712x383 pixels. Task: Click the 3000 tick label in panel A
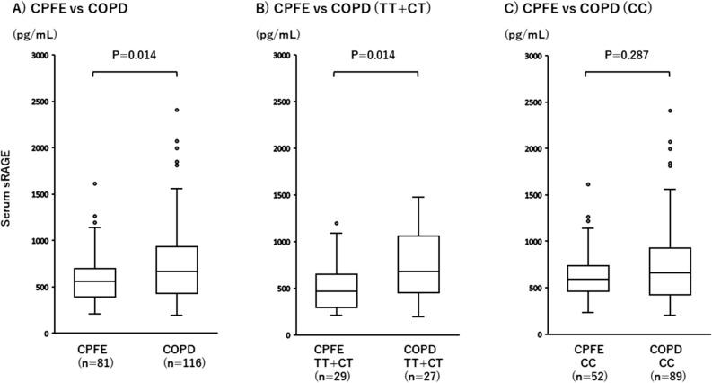(x=40, y=56)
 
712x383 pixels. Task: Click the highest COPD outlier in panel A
(x=178, y=111)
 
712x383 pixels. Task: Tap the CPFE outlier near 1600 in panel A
(x=94, y=183)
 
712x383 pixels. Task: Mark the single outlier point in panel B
(x=335, y=223)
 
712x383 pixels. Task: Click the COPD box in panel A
(x=178, y=270)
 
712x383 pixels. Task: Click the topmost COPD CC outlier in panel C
(x=671, y=111)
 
